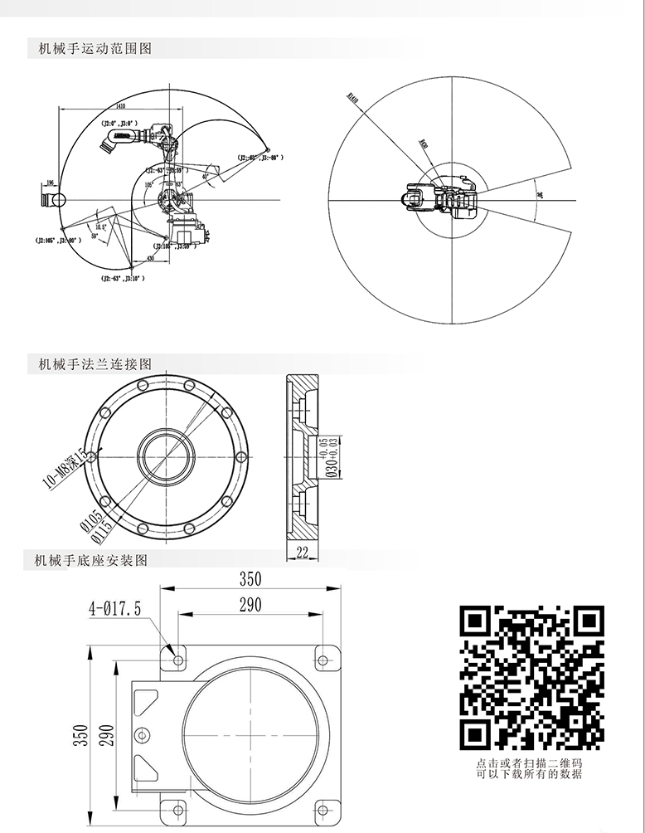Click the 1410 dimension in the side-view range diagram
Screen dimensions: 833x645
coord(121,106)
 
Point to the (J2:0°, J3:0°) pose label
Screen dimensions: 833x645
coord(117,122)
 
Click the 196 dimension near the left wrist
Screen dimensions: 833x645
coord(50,183)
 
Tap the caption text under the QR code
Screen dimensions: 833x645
coord(530,768)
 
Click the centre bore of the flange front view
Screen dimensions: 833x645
coord(167,456)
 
